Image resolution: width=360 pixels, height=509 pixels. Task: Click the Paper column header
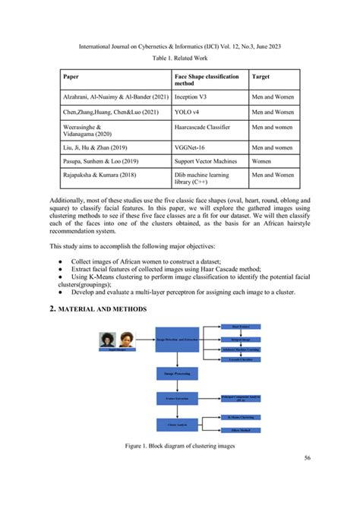click(x=71, y=77)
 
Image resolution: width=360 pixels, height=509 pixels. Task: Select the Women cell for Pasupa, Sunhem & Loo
click(x=263, y=162)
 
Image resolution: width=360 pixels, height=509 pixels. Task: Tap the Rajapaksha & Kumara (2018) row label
click(x=101, y=175)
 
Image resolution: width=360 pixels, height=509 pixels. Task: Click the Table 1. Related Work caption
click(x=179, y=58)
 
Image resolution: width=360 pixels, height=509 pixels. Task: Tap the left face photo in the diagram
click(x=106, y=341)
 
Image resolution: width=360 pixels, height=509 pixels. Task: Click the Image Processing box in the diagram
click(x=175, y=374)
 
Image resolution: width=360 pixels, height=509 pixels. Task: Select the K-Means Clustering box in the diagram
click(x=240, y=417)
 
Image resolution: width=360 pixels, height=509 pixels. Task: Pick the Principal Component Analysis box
click(x=240, y=397)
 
